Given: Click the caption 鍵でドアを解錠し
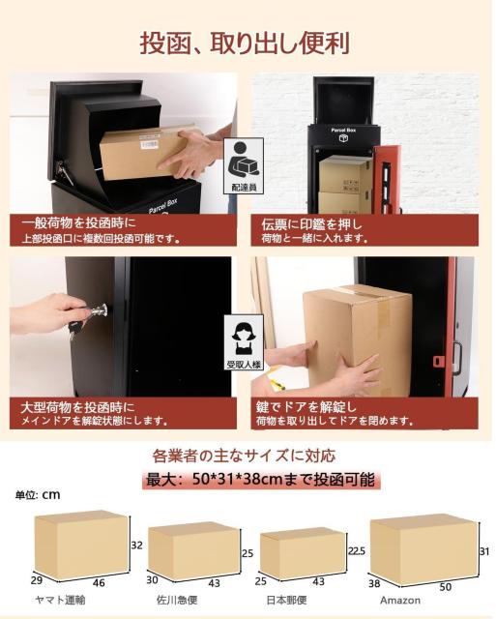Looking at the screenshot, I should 314,406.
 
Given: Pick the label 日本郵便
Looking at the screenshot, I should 286,600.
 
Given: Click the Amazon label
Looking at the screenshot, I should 406,600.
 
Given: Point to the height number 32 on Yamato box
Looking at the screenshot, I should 136,545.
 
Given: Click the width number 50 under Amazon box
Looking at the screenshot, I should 420,586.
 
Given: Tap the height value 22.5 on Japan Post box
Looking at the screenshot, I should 356,550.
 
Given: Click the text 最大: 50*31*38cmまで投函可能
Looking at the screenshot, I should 258,481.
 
